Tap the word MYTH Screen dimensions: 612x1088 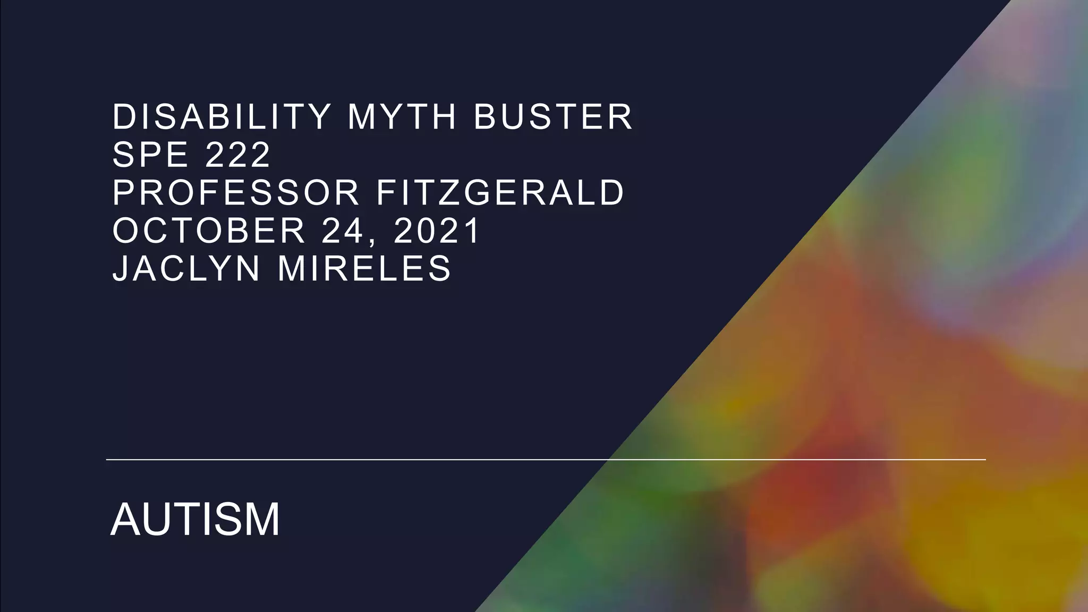pos(402,117)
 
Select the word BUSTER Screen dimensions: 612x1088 pos(553,117)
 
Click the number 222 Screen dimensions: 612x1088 pos(238,155)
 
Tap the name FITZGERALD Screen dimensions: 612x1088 pos(500,192)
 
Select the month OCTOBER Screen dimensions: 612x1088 pos(209,231)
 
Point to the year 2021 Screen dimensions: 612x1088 pos(437,231)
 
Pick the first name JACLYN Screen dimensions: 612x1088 pos(186,268)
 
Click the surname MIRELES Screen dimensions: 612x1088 pos(364,268)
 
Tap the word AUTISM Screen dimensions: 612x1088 pos(195,519)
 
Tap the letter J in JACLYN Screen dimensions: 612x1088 pos(120,268)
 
